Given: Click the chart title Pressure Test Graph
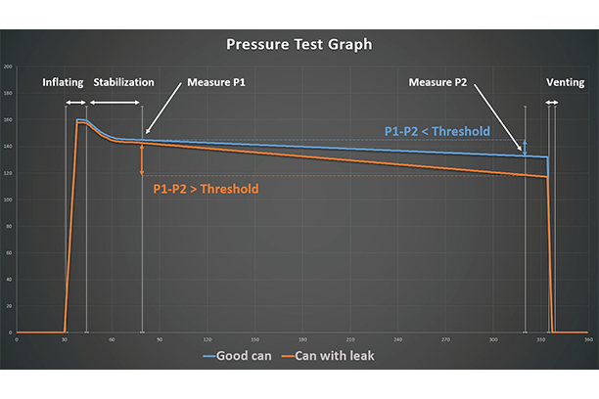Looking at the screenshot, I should pos(299,44).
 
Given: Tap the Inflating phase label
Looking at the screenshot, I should pos(64,83).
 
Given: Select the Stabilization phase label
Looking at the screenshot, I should pos(123,83).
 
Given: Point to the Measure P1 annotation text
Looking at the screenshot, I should pos(215,83).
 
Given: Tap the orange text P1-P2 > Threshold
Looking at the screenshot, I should pos(207,188).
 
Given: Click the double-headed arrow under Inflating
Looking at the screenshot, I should pos(75,103).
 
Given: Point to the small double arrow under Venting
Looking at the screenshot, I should pos(551,103).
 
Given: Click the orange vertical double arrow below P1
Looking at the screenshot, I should pos(142,160).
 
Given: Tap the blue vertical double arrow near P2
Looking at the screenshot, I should pos(525,147).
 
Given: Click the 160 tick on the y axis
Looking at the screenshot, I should pos(8,120).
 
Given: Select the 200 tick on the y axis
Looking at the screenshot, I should pos(8,66).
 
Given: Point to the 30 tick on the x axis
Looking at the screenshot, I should pos(65,339).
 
